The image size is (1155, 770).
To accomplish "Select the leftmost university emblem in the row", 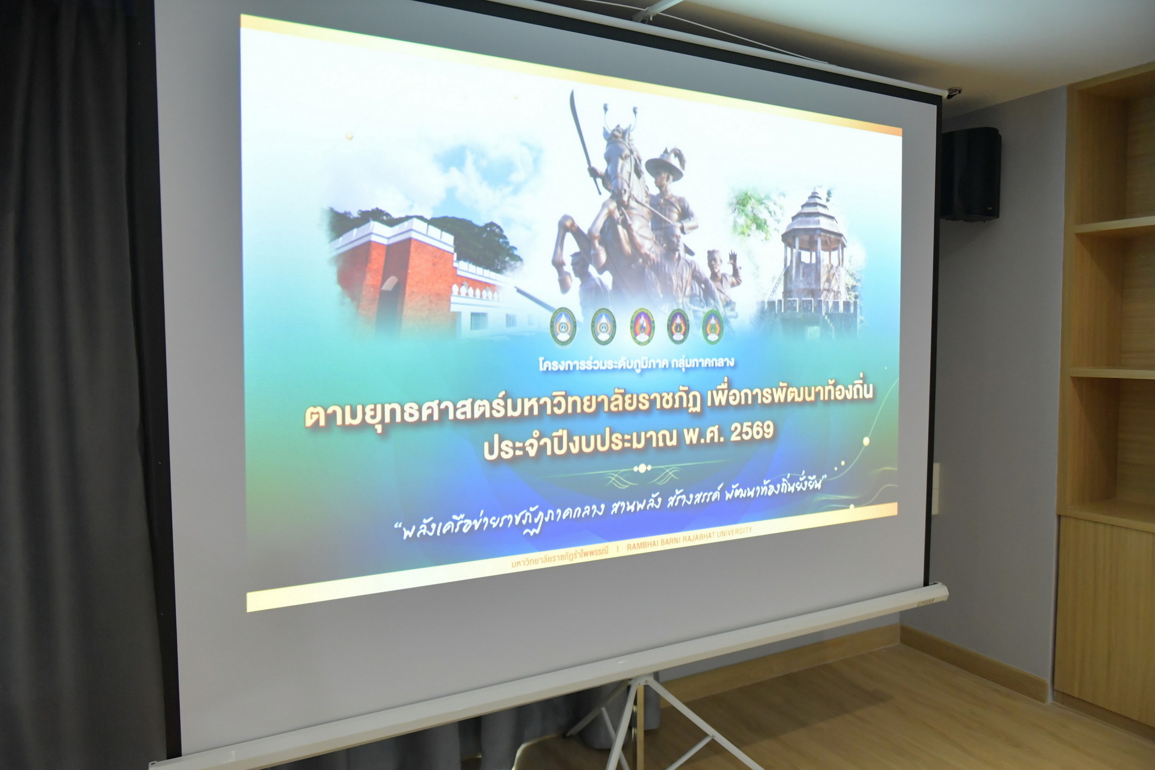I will [x=562, y=326].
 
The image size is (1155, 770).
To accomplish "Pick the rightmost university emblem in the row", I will [x=712, y=326].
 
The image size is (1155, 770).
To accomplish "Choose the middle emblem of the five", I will [x=642, y=326].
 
